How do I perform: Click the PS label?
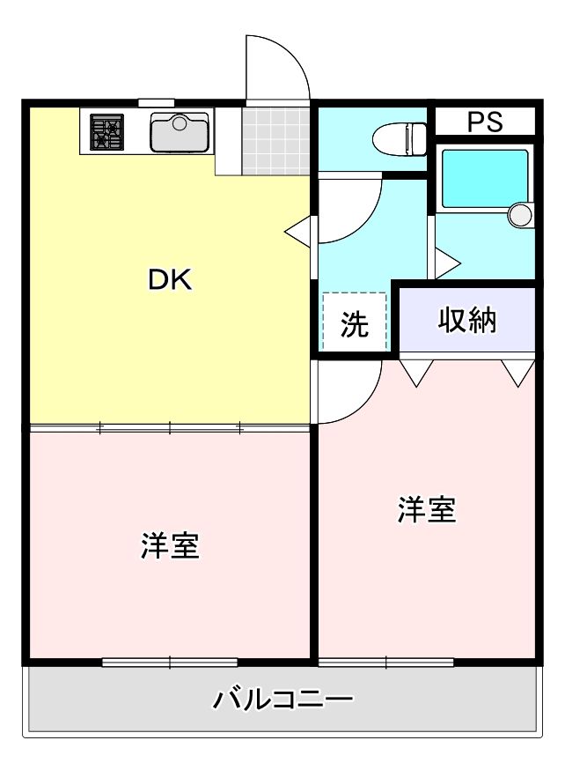pyautogui.click(x=485, y=122)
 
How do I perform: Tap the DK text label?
pyautogui.click(x=169, y=280)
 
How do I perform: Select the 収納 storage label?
pyautogui.click(x=467, y=321)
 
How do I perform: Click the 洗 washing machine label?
pyautogui.click(x=354, y=325)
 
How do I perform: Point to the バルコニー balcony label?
pyautogui.click(x=282, y=701)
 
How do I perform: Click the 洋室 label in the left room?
pyautogui.click(x=170, y=546)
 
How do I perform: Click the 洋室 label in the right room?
pyautogui.click(x=427, y=509)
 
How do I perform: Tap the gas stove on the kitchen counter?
pyautogui.click(x=107, y=132)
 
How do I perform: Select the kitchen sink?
pyautogui.click(x=179, y=133)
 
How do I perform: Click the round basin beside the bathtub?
pyautogui.click(x=521, y=215)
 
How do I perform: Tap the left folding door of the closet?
pyautogui.click(x=415, y=371)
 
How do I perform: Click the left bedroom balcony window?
pyautogui.click(x=170, y=662)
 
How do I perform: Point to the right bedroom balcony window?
pyautogui.click(x=385, y=662)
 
